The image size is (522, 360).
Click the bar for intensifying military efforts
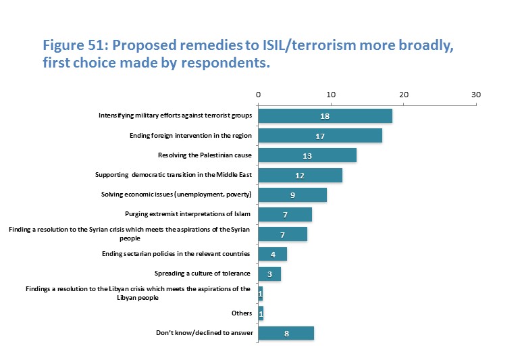pos(325,115)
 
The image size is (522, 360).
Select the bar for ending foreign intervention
pos(320,135)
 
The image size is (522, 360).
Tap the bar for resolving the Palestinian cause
pos(307,155)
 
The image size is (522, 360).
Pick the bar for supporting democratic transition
pos(301,175)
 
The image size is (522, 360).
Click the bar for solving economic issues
pos(292,195)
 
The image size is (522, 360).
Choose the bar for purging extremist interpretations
pos(285,215)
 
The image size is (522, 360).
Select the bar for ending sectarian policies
pos(273,254)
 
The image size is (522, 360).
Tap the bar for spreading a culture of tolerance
pos(269,274)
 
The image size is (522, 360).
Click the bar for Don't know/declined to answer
pos(286,333)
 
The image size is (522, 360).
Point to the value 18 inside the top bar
pos(325,116)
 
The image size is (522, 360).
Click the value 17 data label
pos(320,136)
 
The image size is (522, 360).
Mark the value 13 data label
pos(307,155)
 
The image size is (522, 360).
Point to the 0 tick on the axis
pos(258,95)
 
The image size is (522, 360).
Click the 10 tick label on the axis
pos(331,95)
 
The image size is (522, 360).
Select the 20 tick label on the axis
pos(403,95)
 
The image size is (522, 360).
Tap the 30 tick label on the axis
pos(475,95)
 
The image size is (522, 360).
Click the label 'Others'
pos(241,313)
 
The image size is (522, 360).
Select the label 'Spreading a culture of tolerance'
pos(203,274)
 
